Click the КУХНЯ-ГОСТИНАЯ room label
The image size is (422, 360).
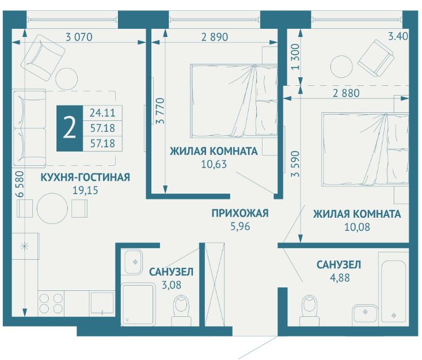(85, 177)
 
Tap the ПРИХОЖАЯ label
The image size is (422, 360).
(240, 213)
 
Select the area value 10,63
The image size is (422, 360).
(214, 164)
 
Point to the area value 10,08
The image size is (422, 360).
(357, 227)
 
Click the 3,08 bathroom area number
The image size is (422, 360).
(172, 285)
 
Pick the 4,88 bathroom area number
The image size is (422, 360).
(340, 277)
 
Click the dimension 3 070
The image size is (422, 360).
(79, 37)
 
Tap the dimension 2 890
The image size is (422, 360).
(215, 37)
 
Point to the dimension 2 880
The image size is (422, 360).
(346, 93)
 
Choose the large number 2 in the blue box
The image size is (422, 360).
(70, 128)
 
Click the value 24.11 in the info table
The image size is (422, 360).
(102, 112)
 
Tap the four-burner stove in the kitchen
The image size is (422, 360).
(51, 303)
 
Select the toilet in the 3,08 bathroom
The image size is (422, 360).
(181, 310)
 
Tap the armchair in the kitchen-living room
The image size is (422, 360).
(43, 57)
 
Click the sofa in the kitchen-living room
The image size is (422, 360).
(29, 128)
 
